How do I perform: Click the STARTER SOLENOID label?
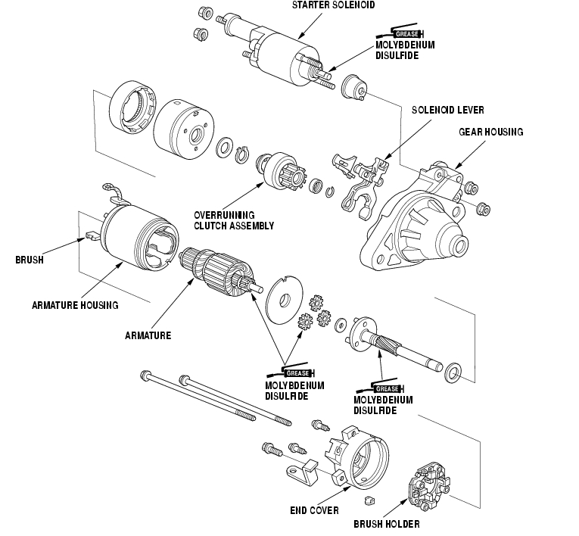[333, 5]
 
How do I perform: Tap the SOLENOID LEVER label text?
[447, 110]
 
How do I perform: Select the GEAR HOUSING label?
[490, 132]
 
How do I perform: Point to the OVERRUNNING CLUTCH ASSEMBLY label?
[234, 220]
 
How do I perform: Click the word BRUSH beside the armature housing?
[30, 260]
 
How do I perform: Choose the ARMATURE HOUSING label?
[75, 305]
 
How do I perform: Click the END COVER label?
[314, 510]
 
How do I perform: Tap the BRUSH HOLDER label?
[386, 524]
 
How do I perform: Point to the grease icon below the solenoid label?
[400, 33]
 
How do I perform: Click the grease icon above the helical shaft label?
[381, 387]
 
